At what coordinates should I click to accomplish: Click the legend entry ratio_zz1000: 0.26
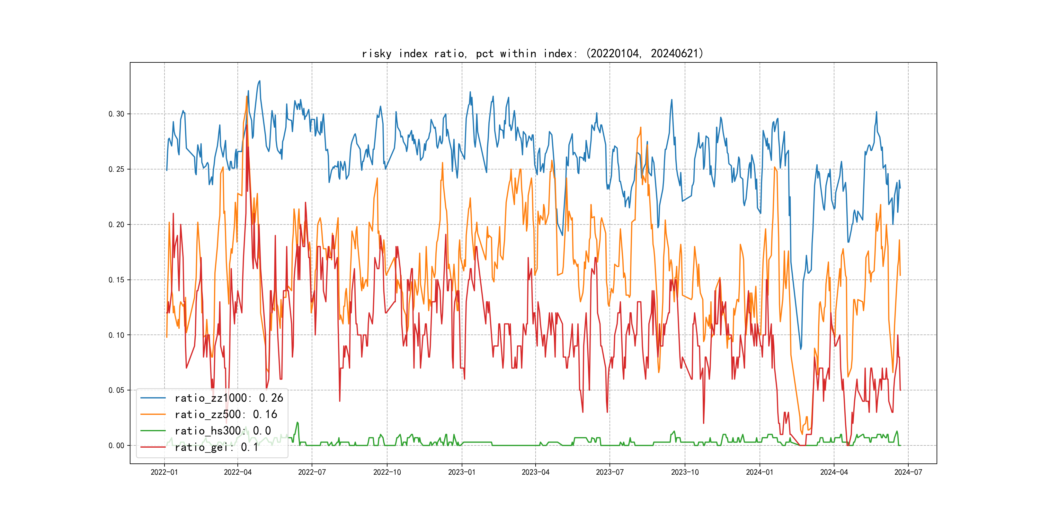(229, 398)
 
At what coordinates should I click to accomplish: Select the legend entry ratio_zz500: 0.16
(226, 415)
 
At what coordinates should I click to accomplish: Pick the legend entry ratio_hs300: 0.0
(222, 431)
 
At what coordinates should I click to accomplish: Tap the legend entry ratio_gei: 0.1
(216, 447)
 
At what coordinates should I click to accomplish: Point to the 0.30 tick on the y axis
(116, 114)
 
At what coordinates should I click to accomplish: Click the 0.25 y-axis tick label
(116, 169)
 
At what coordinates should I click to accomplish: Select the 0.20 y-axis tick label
(116, 224)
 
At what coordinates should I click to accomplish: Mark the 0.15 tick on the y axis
(116, 280)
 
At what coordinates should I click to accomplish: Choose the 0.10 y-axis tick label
(116, 335)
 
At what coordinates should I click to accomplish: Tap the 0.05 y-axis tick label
(116, 390)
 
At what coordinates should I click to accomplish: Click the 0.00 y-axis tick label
(116, 446)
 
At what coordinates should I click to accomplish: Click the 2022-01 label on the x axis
(164, 472)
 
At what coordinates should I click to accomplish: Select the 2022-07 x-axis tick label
(312, 472)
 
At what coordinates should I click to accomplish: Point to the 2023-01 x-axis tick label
(461, 472)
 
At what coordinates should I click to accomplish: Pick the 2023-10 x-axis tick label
(685, 472)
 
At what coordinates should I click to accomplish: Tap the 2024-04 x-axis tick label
(834, 472)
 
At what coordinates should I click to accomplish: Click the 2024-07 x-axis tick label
(908, 472)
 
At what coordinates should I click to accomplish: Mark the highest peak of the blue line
(259, 81)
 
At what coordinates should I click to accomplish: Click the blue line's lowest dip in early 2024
(801, 349)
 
